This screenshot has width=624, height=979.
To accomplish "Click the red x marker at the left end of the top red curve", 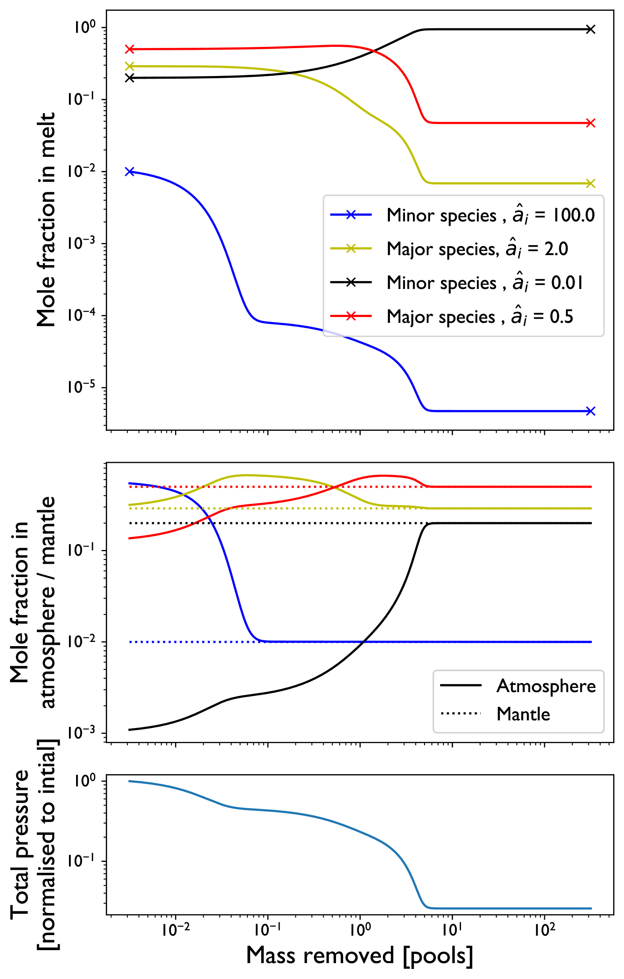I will coord(130,49).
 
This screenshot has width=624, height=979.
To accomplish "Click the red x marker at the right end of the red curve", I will coord(590,123).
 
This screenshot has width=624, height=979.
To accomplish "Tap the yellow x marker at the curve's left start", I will coord(130,66).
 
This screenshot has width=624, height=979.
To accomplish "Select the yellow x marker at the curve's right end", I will coord(590,183).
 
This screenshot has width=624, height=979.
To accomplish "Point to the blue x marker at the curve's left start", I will coord(130,171).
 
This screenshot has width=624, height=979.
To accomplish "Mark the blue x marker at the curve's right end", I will coord(590,411).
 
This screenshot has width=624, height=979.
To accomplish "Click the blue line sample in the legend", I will coord(351,215).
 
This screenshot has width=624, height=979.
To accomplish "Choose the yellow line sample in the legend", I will coord(351,249).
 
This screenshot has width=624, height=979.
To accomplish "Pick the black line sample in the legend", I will coord(351,283).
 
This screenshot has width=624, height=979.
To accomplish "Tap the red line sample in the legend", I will coord(351,316).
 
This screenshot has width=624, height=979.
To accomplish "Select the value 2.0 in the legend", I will coord(556,249).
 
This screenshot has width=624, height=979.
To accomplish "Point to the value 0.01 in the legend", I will coord(567,283).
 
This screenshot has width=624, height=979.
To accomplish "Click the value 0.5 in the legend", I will coord(561,317).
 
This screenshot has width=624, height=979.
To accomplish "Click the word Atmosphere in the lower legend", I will coord(546,686).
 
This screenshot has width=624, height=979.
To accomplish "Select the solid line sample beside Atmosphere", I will coord(461,685).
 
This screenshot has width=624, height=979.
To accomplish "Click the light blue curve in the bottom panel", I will coord(293,813).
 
